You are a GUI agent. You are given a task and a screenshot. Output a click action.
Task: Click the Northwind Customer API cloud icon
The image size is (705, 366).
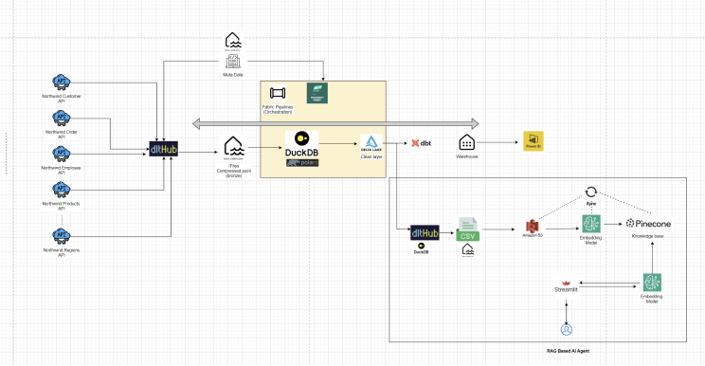61,82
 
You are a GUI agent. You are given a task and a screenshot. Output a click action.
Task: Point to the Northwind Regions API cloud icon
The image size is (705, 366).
61,234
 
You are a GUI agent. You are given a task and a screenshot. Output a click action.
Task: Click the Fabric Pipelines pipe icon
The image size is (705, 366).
278,94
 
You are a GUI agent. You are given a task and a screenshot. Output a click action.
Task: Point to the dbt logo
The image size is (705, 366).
421,143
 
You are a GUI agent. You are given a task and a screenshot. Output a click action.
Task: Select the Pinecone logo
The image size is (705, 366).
649,223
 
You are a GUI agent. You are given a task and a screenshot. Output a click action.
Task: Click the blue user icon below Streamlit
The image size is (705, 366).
566,330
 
